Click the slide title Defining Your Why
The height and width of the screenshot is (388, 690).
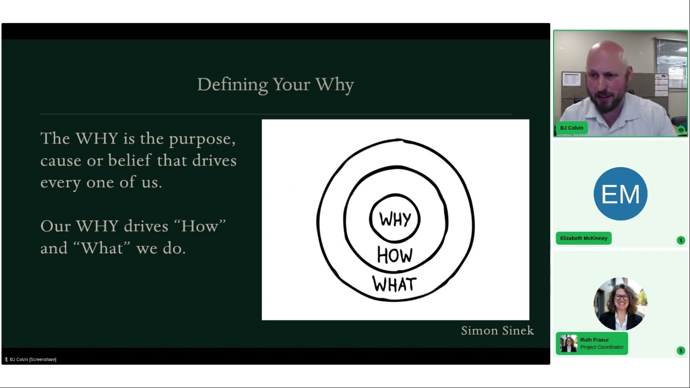point(275,85)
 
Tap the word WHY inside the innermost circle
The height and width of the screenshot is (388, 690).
point(395,219)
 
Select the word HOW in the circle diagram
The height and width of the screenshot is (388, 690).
point(395,255)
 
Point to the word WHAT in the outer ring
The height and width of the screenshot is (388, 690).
point(395,284)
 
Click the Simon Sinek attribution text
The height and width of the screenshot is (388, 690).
point(497,330)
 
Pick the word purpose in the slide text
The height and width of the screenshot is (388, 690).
point(202,139)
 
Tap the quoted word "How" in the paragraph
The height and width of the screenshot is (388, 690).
point(199,226)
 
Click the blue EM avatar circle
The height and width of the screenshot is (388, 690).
point(620,193)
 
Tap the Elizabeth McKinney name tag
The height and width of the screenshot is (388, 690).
point(583,238)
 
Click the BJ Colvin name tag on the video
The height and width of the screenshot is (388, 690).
point(571,128)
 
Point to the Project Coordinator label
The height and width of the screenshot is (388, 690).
point(602,347)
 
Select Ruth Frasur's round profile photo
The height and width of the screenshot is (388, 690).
point(620,304)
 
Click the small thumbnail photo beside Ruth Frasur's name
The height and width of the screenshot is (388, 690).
point(568,343)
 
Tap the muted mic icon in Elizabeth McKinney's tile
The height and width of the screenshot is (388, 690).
point(681,240)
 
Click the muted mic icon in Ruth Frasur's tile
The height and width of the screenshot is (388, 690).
point(681,351)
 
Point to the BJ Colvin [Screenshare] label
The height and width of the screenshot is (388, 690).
point(32,359)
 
